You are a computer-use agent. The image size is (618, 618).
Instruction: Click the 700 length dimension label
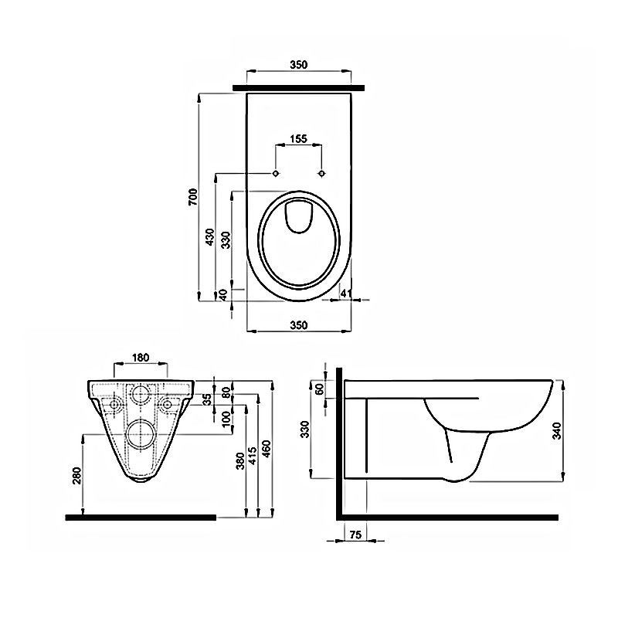pyautogui.click(x=192, y=197)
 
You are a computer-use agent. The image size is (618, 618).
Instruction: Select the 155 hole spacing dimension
pyautogui.click(x=298, y=139)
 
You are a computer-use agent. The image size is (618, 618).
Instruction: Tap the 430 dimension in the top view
pyautogui.click(x=210, y=237)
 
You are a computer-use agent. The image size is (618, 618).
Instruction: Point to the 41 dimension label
pyautogui.click(x=345, y=293)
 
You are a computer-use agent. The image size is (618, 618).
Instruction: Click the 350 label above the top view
pyautogui.click(x=298, y=64)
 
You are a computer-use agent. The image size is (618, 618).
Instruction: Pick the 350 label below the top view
pyautogui.click(x=299, y=325)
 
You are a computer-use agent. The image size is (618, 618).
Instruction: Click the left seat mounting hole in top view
pyautogui.click(x=276, y=173)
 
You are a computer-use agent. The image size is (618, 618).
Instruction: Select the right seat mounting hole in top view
pyautogui.click(x=322, y=173)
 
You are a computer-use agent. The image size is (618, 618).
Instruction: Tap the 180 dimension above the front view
pyautogui.click(x=141, y=358)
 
